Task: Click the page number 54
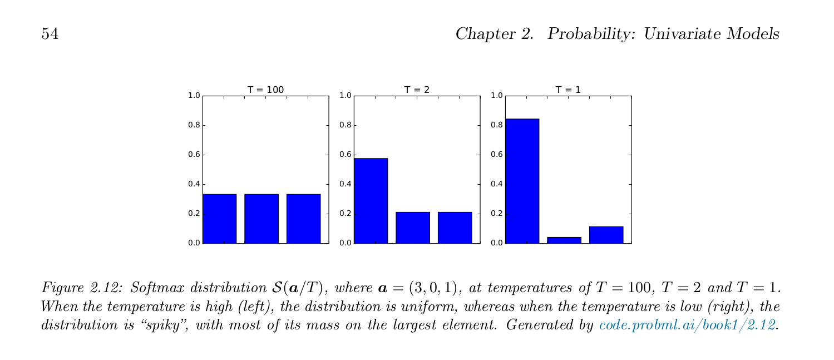coord(50,34)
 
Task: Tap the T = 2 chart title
coord(417,90)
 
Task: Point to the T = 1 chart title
coord(568,90)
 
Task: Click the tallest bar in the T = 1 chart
coord(522,181)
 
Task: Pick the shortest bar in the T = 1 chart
coord(564,240)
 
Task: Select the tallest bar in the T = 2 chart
coord(371,200)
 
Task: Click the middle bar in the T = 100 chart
coord(261,219)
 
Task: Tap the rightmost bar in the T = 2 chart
coord(455,228)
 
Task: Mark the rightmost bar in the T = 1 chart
coord(606,235)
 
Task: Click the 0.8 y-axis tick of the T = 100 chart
coord(194,125)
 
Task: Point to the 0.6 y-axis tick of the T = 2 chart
coord(345,155)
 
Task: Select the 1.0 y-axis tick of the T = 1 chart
coord(496,96)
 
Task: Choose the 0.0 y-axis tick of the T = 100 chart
coord(194,243)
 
